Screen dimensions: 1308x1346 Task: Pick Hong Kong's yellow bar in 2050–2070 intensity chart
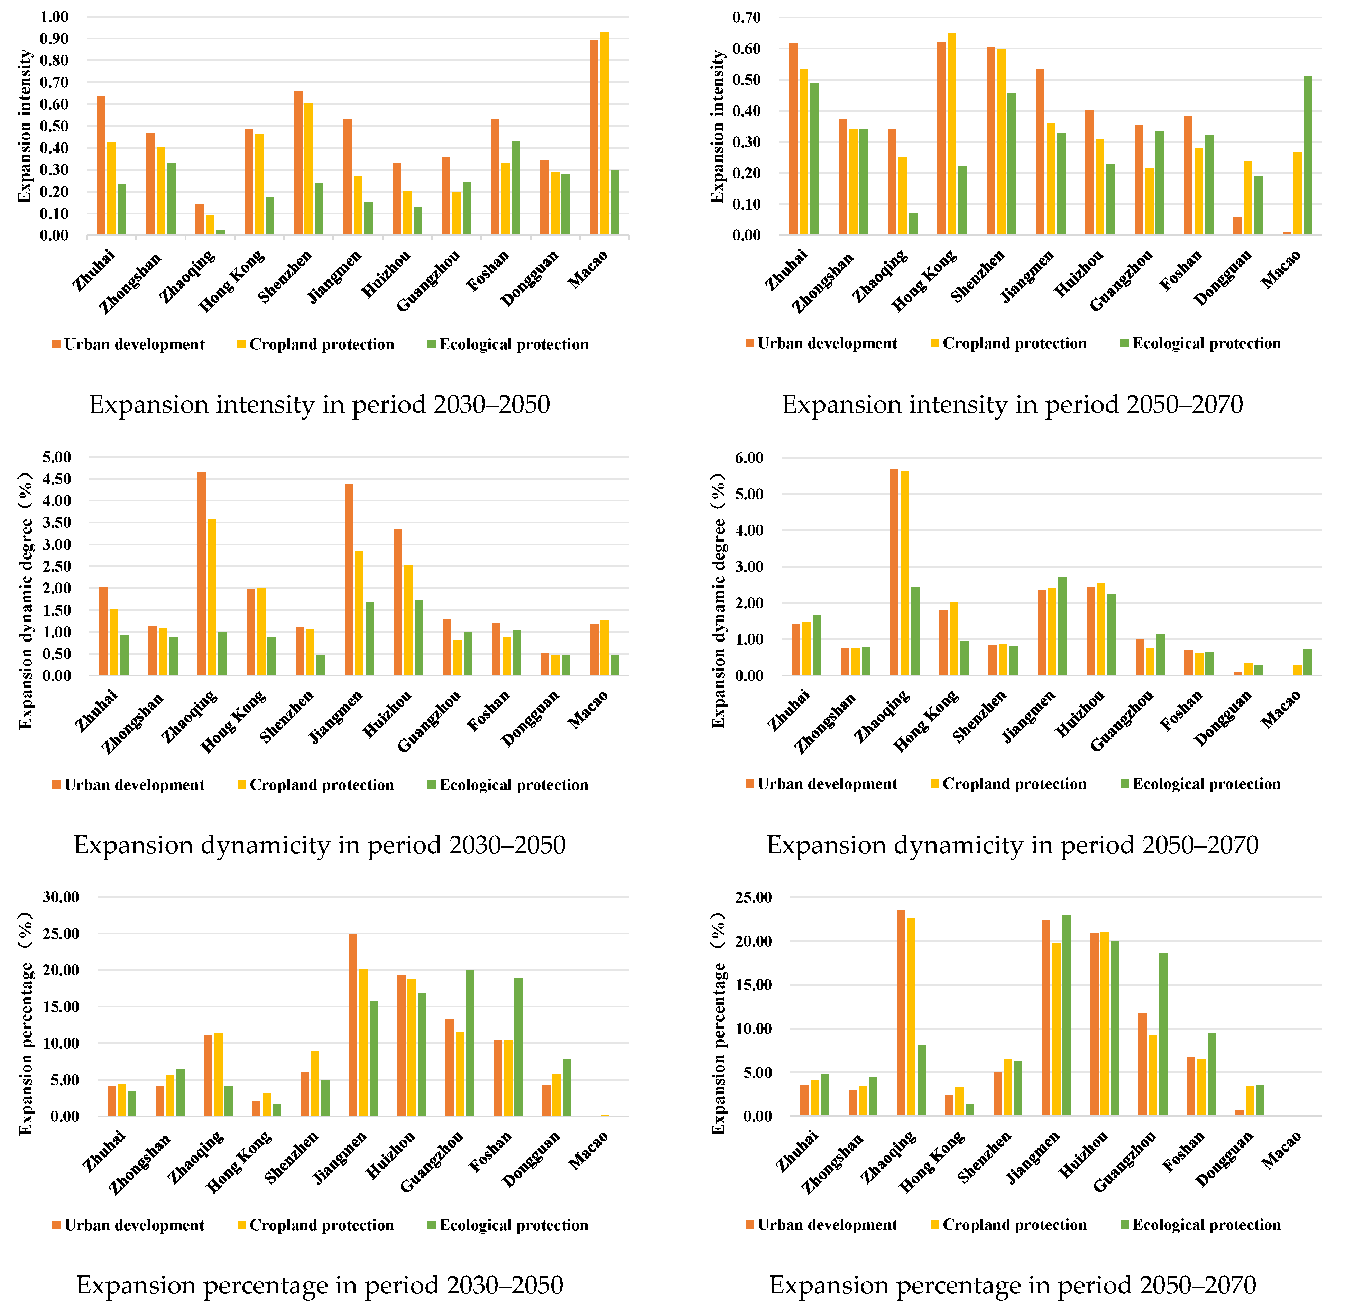click(952, 134)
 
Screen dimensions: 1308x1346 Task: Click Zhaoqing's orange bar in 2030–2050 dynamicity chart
click(201, 574)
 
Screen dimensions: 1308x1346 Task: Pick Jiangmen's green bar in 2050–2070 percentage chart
click(1066, 1015)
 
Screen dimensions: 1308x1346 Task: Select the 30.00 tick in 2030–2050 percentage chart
click(61, 897)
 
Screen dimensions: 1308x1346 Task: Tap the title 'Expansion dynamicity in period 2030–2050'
click(320, 845)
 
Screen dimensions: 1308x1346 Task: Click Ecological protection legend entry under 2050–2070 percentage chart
click(1206, 1225)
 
